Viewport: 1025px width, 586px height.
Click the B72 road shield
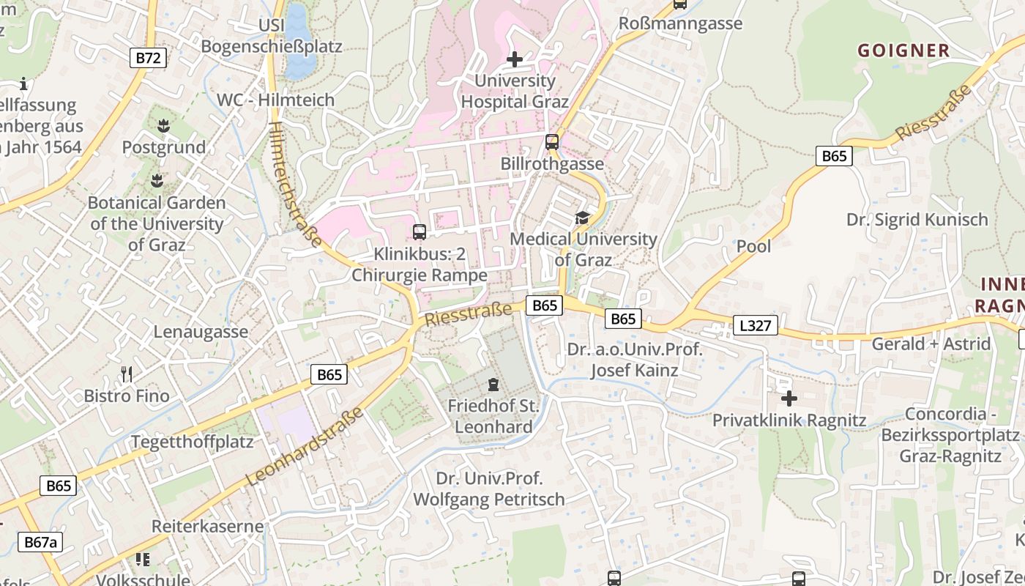click(x=149, y=58)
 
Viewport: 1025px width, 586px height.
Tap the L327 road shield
click(x=755, y=325)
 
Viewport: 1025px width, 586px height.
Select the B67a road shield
click(x=40, y=542)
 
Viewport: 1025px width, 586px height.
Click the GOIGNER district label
click(x=903, y=51)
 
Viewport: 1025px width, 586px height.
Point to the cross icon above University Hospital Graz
click(x=515, y=59)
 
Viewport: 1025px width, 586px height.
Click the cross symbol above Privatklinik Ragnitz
click(x=789, y=398)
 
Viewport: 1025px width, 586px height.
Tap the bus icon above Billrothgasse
click(x=552, y=142)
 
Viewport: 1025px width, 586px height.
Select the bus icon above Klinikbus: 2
click(x=420, y=232)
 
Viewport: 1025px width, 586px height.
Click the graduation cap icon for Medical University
click(x=582, y=218)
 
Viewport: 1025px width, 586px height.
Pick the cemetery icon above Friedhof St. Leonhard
click(x=493, y=384)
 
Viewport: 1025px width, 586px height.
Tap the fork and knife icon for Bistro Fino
click(x=127, y=374)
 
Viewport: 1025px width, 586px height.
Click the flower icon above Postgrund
click(x=163, y=126)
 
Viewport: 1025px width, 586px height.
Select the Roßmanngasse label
click(x=680, y=23)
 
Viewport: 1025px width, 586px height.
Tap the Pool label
click(x=753, y=246)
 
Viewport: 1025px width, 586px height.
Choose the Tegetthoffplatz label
click(x=192, y=442)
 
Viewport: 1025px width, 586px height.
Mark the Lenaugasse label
click(x=201, y=332)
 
